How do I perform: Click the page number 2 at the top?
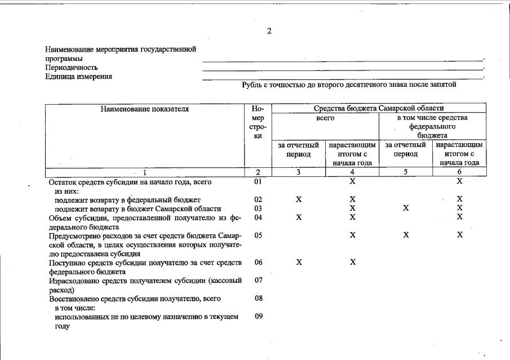(x=269, y=31)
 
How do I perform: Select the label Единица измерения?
(x=79, y=77)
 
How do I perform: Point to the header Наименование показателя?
(x=145, y=109)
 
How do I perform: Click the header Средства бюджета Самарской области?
(x=379, y=108)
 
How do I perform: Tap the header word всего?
(x=326, y=118)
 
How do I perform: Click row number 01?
(x=258, y=182)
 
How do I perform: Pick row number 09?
(x=259, y=316)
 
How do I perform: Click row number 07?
(x=259, y=280)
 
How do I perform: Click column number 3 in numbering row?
(x=299, y=172)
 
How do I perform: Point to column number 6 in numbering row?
(x=459, y=172)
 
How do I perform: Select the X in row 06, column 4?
(x=352, y=262)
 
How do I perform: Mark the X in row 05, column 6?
(x=460, y=235)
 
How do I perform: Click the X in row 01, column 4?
(x=352, y=181)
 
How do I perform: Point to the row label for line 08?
(x=135, y=298)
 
